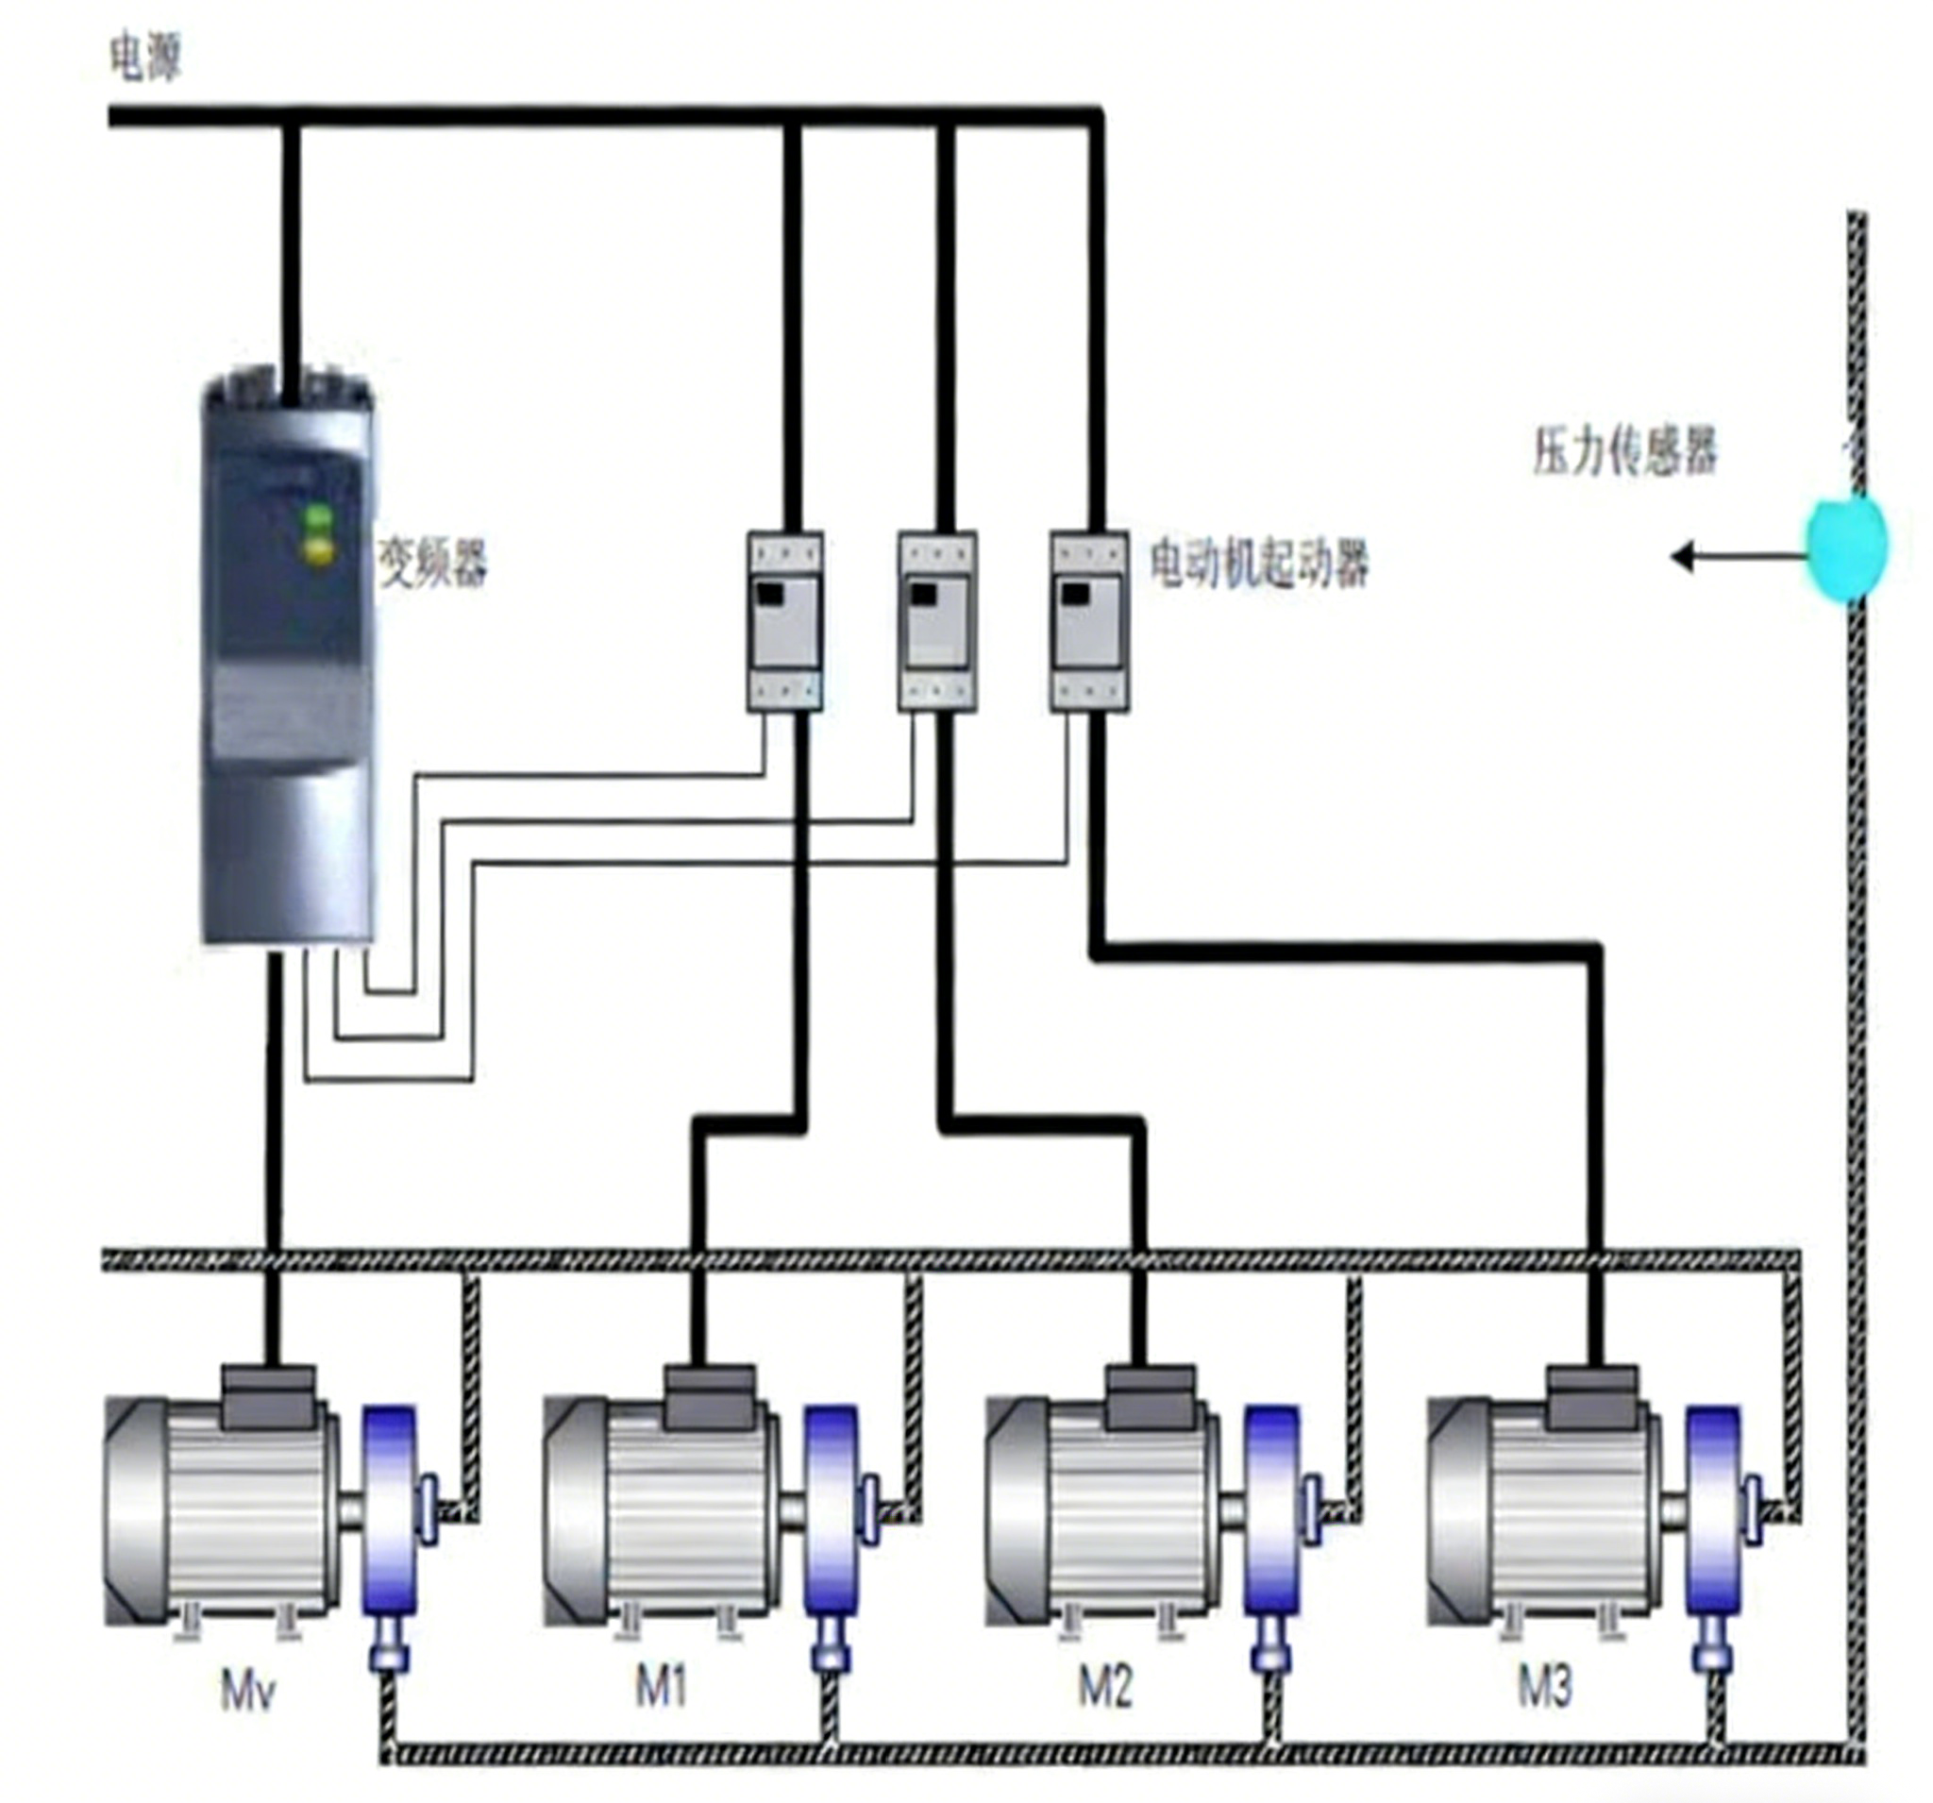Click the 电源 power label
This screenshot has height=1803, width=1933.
[x=146, y=59]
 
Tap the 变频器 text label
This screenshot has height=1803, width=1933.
[x=432, y=563]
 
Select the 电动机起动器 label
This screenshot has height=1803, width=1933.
[x=1259, y=563]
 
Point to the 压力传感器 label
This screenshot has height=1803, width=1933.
[x=1624, y=452]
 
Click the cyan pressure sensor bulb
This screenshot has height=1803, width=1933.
[x=1846, y=547]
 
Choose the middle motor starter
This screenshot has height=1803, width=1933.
[x=937, y=620]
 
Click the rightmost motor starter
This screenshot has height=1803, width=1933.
[x=1090, y=620]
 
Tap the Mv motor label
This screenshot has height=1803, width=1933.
[x=247, y=1693]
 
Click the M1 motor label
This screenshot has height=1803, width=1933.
[x=662, y=1686]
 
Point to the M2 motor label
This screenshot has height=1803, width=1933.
[x=1105, y=1686]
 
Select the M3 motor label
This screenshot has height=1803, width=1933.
[x=1545, y=1686]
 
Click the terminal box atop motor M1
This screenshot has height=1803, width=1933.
[x=711, y=1396]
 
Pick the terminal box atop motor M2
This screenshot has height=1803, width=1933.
[x=1151, y=1396]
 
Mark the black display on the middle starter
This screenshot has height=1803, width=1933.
[x=923, y=594]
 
